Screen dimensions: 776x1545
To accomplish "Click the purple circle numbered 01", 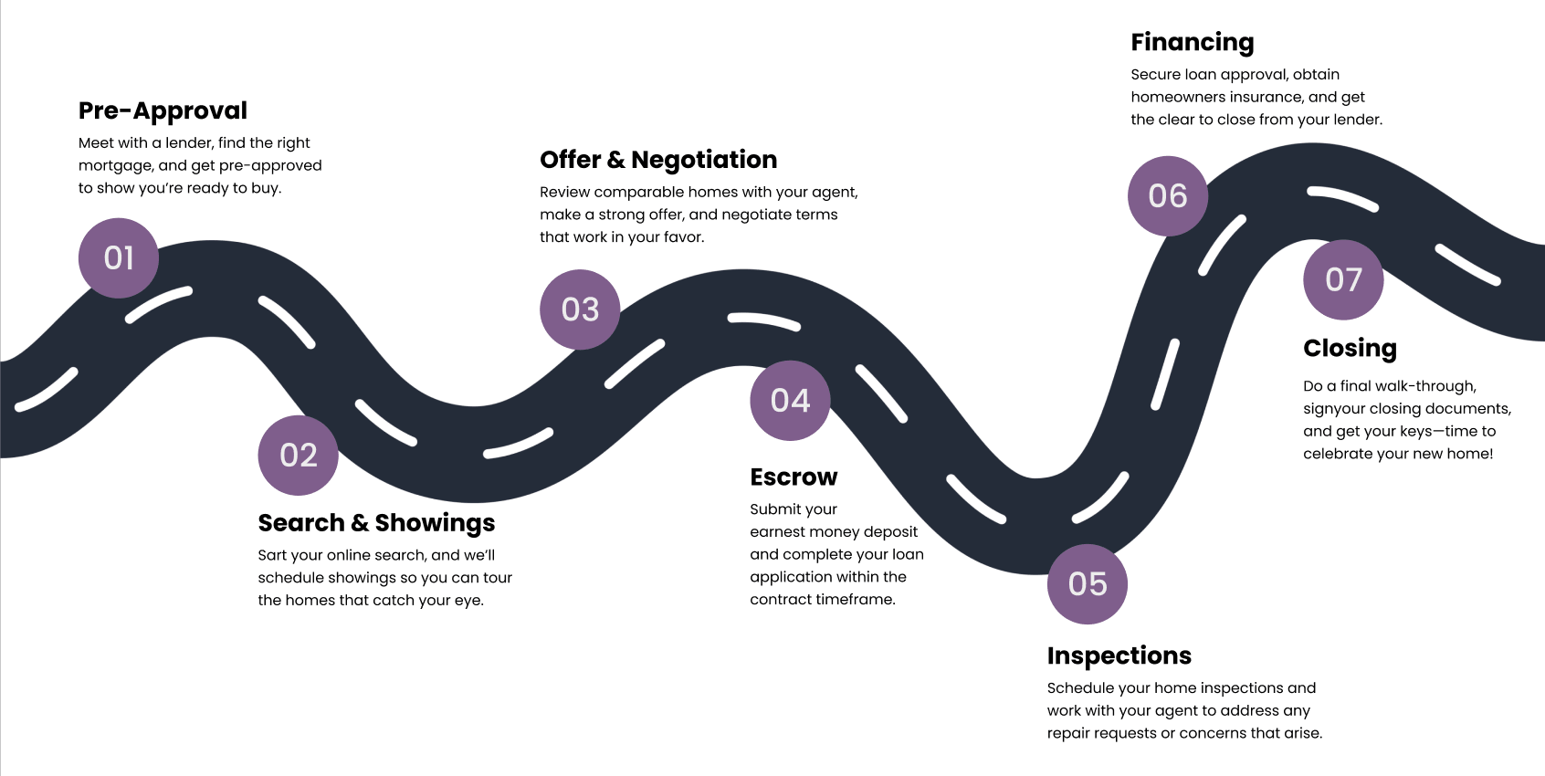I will tap(119, 258).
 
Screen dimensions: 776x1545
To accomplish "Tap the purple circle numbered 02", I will tap(299, 456).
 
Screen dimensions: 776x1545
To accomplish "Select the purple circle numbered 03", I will tap(580, 309).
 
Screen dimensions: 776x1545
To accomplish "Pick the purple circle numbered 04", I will tap(790, 401).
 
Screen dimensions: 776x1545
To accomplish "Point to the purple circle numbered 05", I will tap(1088, 584).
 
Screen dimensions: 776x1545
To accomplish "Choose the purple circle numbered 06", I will tap(1168, 196).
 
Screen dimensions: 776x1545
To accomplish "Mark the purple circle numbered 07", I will tap(1343, 280).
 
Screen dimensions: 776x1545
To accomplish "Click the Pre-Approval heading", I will tap(163, 110).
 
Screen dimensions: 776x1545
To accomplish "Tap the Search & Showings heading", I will tap(376, 523).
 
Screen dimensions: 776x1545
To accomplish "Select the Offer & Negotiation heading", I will tap(658, 160).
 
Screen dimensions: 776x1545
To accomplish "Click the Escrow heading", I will tap(794, 477).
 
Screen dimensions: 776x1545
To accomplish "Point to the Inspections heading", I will tap(1119, 655).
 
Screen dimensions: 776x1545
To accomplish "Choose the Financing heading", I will tap(1192, 42).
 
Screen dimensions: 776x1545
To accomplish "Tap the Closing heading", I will tap(1350, 349).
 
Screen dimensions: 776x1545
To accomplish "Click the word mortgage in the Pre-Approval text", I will tap(115, 166).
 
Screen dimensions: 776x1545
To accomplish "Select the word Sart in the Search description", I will tap(272, 555).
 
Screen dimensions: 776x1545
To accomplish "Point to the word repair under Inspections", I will tap(1069, 733).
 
